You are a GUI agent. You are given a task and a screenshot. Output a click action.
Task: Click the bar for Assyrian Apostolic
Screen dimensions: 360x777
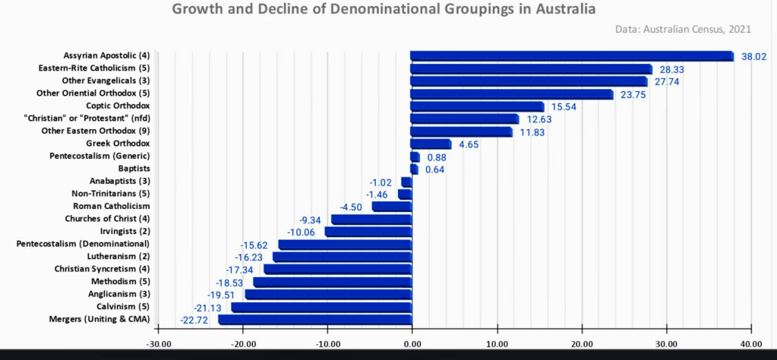coord(571,56)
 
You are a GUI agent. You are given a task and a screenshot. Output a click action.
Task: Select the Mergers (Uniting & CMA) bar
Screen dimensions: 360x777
coord(315,320)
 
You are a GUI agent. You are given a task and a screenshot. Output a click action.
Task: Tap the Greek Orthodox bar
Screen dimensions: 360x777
coord(431,144)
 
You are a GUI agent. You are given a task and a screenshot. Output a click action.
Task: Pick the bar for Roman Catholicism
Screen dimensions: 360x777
coord(392,207)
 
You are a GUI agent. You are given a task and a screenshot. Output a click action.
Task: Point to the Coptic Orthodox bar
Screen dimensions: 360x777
coord(477,106)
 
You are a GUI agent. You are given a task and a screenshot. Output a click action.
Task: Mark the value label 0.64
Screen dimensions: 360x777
coord(435,169)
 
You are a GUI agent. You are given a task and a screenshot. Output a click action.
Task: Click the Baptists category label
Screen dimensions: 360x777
coord(134,169)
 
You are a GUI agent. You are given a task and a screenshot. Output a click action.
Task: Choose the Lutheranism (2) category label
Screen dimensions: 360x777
coord(118,257)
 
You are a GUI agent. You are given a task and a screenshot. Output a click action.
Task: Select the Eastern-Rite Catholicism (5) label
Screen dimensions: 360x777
coord(94,68)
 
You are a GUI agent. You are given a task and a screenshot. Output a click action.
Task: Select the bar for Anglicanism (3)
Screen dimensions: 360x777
coord(327,295)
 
